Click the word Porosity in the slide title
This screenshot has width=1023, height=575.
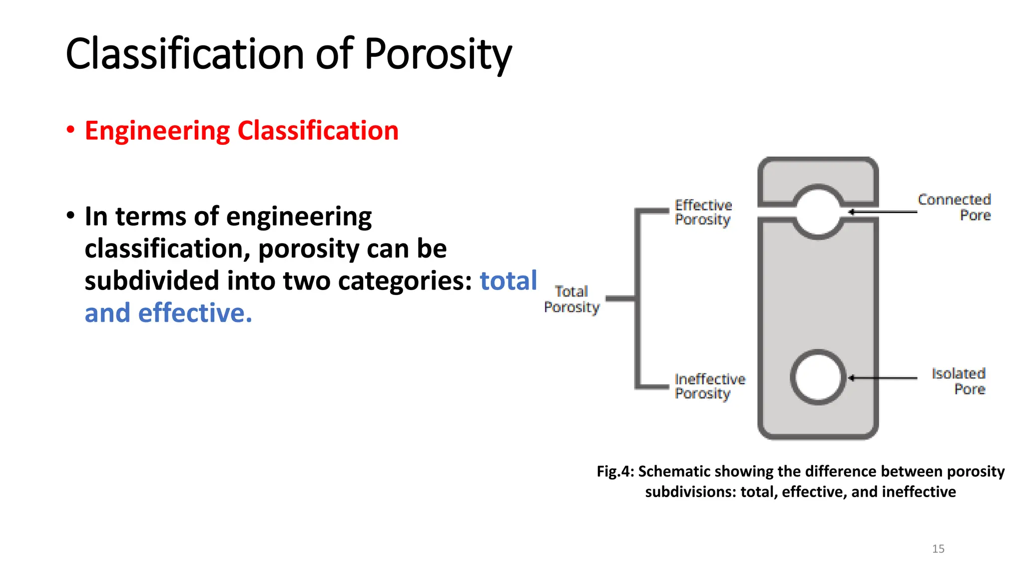(x=438, y=54)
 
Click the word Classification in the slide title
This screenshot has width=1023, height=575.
(x=185, y=54)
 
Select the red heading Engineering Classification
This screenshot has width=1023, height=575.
(x=241, y=131)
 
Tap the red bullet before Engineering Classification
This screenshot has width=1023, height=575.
(x=70, y=130)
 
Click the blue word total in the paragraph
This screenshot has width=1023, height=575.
(x=508, y=281)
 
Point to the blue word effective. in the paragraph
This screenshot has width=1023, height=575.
(x=195, y=313)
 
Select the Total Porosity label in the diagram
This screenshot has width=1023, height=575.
(x=571, y=299)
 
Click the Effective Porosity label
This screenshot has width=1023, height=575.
(x=703, y=212)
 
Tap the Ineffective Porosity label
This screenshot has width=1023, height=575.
(x=709, y=386)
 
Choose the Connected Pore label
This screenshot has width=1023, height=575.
(x=954, y=207)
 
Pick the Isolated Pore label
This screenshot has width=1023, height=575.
(x=959, y=381)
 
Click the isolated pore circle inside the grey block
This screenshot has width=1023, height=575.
(x=818, y=377)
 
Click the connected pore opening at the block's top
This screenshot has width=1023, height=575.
(x=818, y=212)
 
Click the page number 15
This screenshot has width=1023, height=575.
(x=938, y=549)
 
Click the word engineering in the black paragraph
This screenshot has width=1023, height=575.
(x=298, y=217)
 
